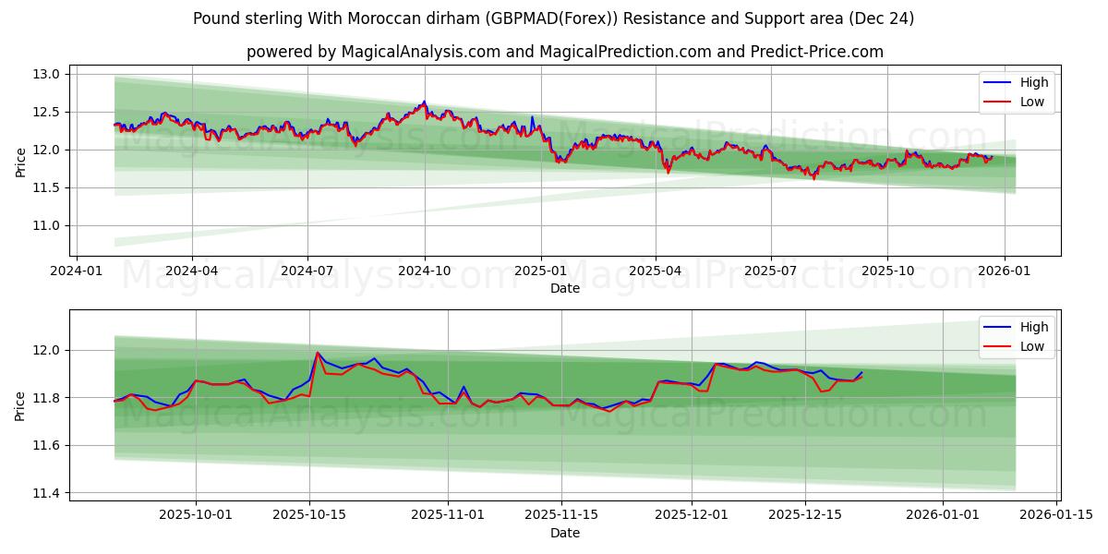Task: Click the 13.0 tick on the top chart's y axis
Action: [48, 74]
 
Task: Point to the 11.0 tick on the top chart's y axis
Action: [48, 225]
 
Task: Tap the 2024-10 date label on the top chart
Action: [425, 271]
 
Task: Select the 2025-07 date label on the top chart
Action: [771, 271]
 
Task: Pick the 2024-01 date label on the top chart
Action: [76, 271]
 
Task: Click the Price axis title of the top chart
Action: [20, 162]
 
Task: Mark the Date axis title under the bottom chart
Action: [565, 533]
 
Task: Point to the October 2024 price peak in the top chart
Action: [424, 102]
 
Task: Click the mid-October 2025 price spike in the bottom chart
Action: [318, 352]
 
